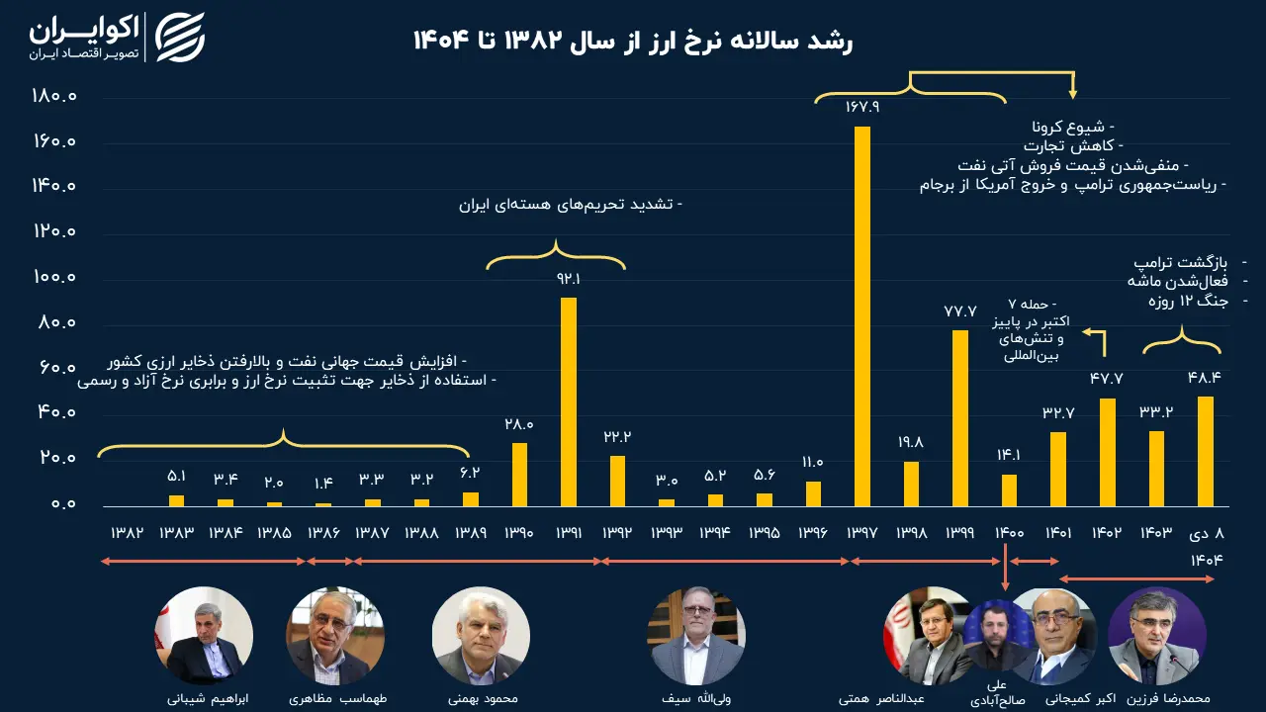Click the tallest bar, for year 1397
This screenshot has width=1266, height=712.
(x=862, y=316)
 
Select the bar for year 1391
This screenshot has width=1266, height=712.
(x=569, y=401)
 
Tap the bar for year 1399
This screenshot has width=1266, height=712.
(x=960, y=418)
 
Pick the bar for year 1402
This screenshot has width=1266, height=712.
(x=1107, y=452)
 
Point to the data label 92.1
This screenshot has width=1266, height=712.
(x=569, y=279)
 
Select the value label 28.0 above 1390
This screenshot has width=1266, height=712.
(x=519, y=424)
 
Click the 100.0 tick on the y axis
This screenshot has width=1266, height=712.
(x=53, y=278)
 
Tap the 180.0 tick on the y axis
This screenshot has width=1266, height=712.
(x=53, y=97)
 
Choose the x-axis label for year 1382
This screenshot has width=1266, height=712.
(x=128, y=533)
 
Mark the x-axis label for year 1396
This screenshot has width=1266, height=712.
(x=813, y=533)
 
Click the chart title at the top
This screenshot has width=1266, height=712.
(x=633, y=41)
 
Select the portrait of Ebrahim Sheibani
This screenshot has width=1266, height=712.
(x=204, y=636)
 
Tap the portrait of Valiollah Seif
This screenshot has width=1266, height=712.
(x=696, y=636)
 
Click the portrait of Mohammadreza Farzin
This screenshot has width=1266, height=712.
(x=1156, y=636)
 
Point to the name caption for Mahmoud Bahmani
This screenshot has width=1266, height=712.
(x=482, y=698)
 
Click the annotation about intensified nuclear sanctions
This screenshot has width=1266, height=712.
(x=571, y=205)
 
